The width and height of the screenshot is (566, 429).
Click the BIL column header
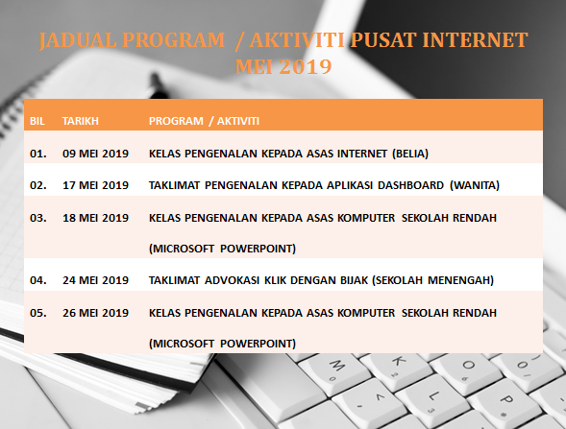click(37, 121)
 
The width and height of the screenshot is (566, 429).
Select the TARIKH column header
click(81, 121)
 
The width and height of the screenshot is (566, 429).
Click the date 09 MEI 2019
click(95, 153)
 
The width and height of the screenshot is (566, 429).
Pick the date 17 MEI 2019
click(95, 184)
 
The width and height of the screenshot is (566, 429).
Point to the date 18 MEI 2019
click(95, 217)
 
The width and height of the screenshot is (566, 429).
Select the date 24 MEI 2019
click(95, 280)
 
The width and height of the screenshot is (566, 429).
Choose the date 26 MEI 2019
click(95, 312)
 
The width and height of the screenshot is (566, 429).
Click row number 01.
click(38, 153)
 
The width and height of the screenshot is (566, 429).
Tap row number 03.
click(38, 217)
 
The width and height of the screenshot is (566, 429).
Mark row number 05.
click(38, 312)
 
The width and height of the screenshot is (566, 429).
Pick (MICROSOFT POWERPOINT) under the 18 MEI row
click(222, 249)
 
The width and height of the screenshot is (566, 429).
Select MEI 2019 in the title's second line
click(283, 67)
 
